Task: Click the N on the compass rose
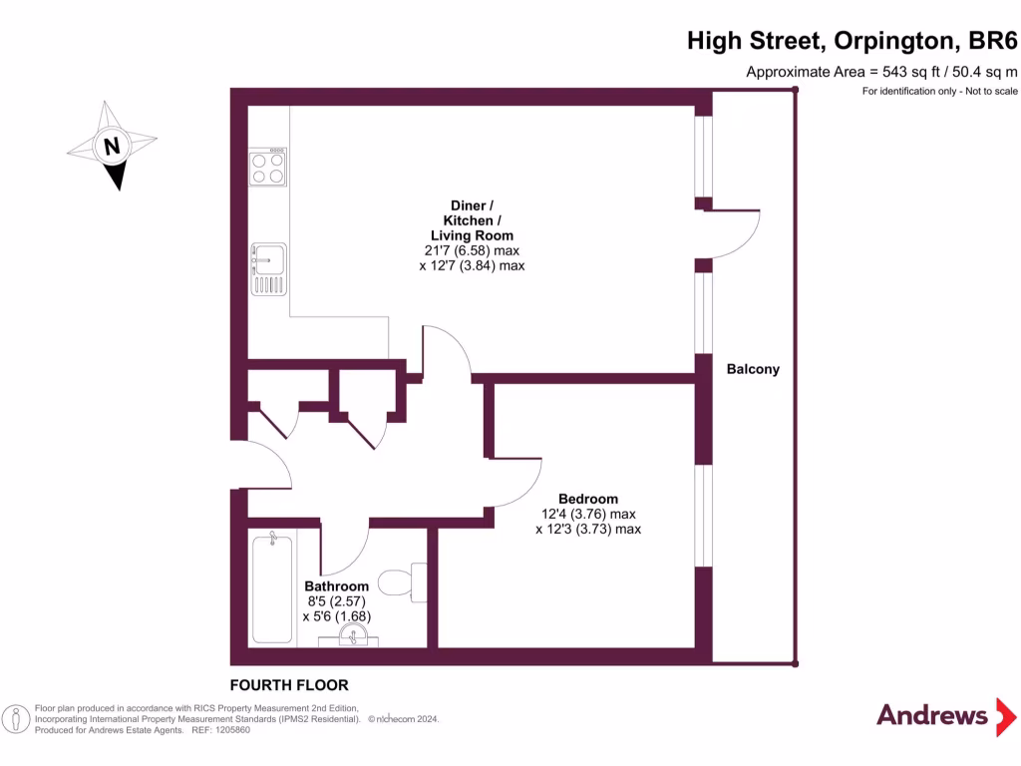(x=112, y=147)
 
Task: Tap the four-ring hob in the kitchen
(x=268, y=167)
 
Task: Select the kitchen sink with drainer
(x=268, y=269)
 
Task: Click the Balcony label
(x=753, y=369)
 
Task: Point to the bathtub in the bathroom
(x=272, y=588)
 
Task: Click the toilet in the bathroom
(x=404, y=581)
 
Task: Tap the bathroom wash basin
(x=348, y=635)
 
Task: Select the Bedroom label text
(x=587, y=499)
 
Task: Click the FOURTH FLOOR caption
(x=289, y=685)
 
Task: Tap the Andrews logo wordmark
(x=931, y=715)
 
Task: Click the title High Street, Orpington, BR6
(x=851, y=41)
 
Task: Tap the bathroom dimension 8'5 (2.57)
(x=337, y=601)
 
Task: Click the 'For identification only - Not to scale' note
(x=939, y=92)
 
